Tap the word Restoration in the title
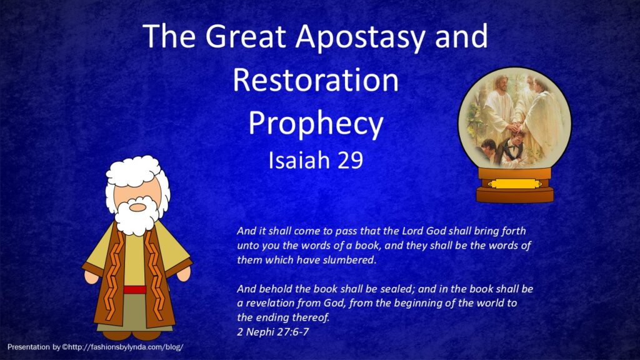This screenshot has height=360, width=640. click(x=316, y=80)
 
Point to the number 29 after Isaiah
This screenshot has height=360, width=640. click(x=350, y=160)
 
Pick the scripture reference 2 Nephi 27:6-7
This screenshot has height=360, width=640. click(x=272, y=331)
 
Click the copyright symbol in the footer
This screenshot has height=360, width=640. click(x=64, y=347)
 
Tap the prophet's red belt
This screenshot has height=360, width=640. click(x=135, y=290)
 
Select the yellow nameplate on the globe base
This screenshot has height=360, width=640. click(x=515, y=184)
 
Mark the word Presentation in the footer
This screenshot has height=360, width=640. click(x=28, y=347)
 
